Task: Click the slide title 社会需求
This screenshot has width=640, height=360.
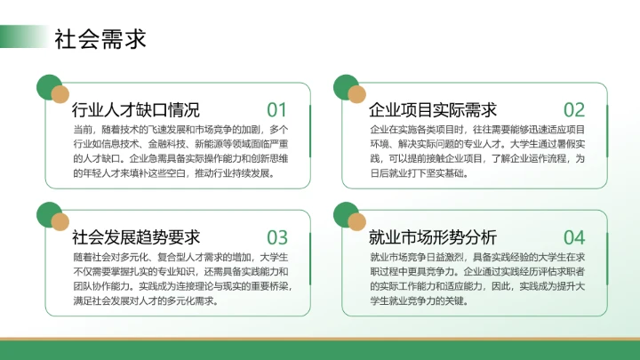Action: click(100, 38)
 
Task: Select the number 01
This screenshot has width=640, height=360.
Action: click(277, 110)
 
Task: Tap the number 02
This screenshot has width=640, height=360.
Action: click(574, 110)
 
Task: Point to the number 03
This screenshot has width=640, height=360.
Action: click(277, 237)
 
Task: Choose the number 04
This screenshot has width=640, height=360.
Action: click(574, 237)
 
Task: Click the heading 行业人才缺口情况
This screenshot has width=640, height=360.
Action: click(135, 110)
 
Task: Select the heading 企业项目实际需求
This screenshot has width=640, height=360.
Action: click(432, 110)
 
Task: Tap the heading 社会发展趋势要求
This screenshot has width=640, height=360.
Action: click(135, 237)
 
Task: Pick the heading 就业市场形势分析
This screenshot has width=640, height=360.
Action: click(432, 237)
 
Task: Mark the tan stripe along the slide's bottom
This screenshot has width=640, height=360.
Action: click(320, 340)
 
